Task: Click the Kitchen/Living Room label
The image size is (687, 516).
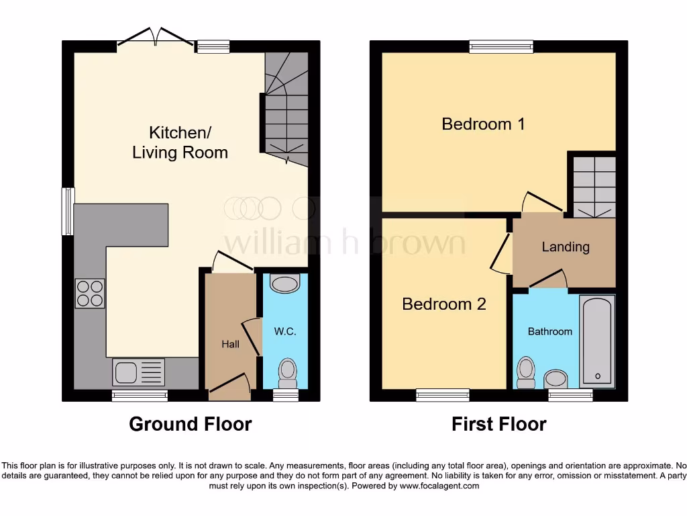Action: (180, 142)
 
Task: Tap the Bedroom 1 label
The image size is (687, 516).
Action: (483, 124)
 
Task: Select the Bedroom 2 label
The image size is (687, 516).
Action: (443, 304)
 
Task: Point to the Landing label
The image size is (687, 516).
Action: (566, 247)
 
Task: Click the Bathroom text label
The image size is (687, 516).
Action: (550, 331)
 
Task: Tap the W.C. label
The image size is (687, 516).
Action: (284, 331)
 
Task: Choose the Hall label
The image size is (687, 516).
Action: (230, 344)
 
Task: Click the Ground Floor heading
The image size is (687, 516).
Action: (190, 425)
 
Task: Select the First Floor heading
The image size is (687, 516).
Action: (498, 425)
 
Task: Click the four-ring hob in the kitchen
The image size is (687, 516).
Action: (89, 293)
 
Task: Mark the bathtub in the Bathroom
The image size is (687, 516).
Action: (596, 341)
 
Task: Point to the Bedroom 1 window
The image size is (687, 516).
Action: (501, 46)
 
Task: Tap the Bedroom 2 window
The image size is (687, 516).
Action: (443, 395)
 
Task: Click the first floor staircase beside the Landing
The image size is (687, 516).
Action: (592, 185)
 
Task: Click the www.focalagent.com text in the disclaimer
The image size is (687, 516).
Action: (439, 486)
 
